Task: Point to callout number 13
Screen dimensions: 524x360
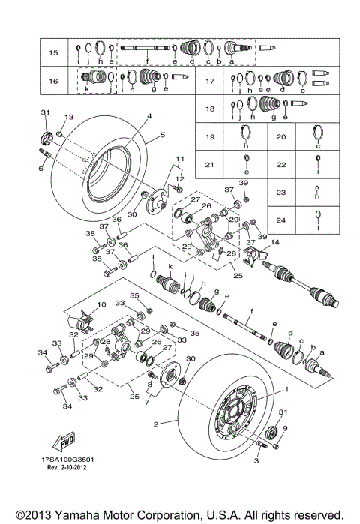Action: (x=69, y=117)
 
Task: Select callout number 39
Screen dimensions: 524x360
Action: (x=242, y=184)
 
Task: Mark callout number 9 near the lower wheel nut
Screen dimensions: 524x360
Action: (x=284, y=428)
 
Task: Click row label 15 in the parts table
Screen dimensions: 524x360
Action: (x=53, y=53)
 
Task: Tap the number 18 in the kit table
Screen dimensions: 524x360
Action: (x=211, y=108)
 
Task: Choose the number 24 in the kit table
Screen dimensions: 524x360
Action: (x=280, y=220)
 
